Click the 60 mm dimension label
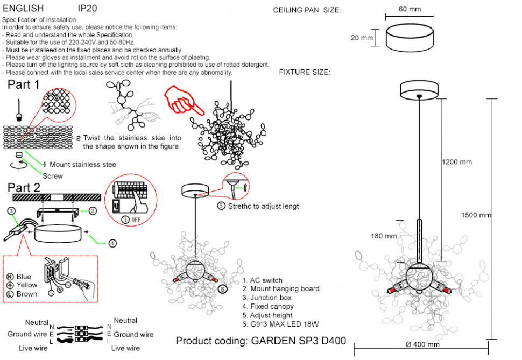tap(410, 10)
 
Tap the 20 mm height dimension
tap(362, 38)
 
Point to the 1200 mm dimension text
tap(457, 161)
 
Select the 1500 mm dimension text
tap(476, 215)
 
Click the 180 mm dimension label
tap(384, 236)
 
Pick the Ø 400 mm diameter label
tap(422, 344)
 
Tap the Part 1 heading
tap(24, 84)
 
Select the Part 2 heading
tap(24, 188)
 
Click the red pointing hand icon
tap(185, 99)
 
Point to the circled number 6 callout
tap(222, 289)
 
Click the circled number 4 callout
tap(112, 243)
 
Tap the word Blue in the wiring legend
tap(24, 277)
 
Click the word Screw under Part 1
tap(53, 176)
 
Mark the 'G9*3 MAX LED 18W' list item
tap(281, 324)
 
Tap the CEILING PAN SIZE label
tap(307, 10)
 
